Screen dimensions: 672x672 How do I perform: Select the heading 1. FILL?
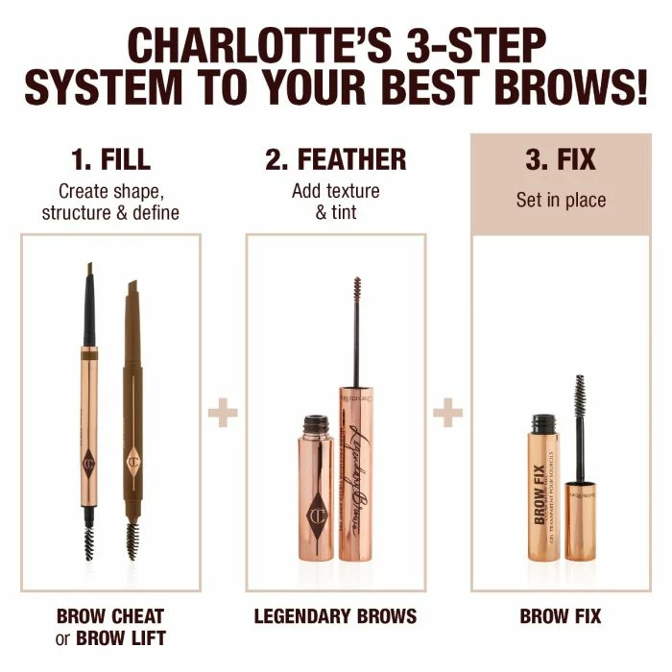[110, 158]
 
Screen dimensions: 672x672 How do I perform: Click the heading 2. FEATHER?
[336, 158]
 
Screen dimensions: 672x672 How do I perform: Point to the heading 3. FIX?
[560, 158]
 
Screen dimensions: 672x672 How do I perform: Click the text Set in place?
[560, 201]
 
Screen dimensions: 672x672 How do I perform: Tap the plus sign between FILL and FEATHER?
[223, 415]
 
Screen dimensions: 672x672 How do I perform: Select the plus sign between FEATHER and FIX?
[447, 415]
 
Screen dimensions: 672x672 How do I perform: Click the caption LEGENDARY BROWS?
[335, 615]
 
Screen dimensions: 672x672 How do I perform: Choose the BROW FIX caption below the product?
[561, 615]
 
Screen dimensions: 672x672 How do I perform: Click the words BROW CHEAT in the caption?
[110, 615]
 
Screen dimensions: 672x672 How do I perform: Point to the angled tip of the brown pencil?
[132, 289]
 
